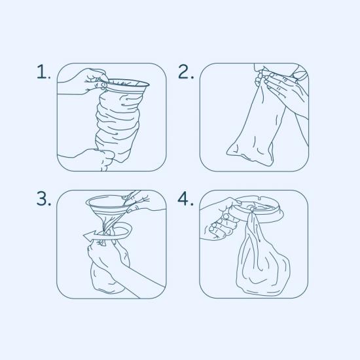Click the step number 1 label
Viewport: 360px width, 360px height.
(x=43, y=71)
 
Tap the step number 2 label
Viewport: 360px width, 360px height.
(x=185, y=71)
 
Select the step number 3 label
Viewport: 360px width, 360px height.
(x=44, y=198)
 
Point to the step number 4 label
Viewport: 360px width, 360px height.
(x=185, y=198)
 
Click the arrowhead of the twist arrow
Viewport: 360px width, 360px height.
(x=89, y=236)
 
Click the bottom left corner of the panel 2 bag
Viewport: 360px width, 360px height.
(x=227, y=153)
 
